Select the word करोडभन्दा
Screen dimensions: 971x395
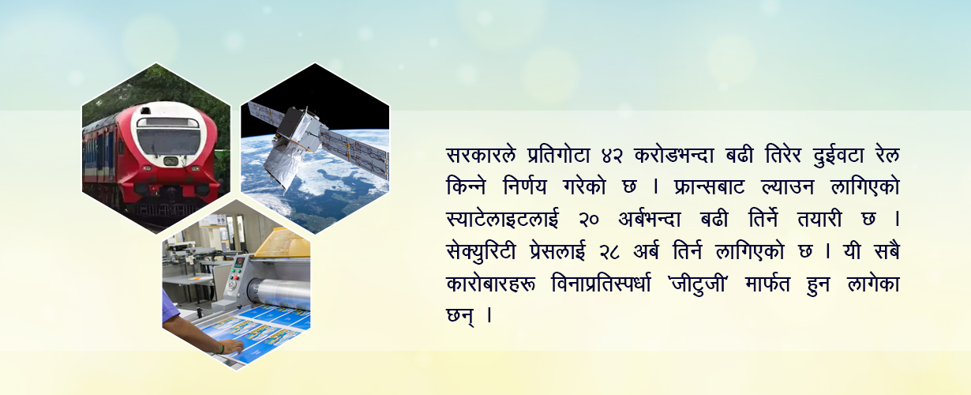(673, 155)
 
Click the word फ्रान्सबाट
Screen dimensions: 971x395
(710, 187)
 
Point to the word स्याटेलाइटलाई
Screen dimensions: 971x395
(502, 220)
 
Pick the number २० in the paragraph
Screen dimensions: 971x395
(589, 220)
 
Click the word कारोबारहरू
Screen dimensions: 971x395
(491, 284)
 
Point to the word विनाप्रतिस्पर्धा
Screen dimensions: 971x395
(602, 284)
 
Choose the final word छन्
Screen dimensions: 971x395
(460, 314)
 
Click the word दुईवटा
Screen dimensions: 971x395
(839, 155)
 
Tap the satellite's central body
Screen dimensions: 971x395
(302, 130)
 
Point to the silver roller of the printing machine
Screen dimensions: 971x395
(279, 290)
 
